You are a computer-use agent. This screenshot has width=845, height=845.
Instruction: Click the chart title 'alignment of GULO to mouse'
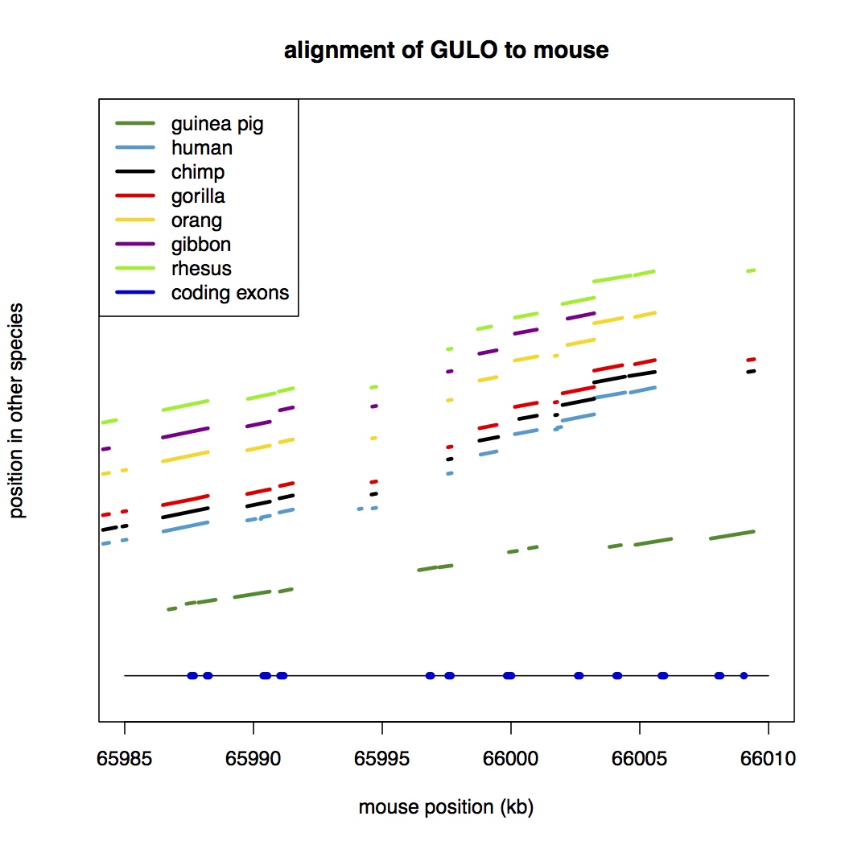(446, 51)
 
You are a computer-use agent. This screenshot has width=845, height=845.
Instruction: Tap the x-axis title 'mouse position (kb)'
(446, 807)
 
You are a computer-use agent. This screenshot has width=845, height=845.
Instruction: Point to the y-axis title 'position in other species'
(18, 410)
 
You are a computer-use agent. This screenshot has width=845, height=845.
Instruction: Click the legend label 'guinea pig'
(217, 124)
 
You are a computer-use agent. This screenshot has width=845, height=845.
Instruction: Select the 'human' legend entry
(202, 148)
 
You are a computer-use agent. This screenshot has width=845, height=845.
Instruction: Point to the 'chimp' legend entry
(198, 172)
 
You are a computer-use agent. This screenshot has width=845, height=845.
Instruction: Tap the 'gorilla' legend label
(198, 196)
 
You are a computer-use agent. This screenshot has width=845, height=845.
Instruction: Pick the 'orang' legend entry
(196, 221)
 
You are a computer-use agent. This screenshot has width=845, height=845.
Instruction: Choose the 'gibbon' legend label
(201, 245)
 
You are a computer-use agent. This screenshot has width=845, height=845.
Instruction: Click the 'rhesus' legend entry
(202, 269)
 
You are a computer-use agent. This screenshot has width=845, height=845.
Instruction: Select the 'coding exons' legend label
(230, 293)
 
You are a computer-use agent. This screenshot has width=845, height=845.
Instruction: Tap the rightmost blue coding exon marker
(744, 675)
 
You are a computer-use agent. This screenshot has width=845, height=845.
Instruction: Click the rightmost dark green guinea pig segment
(732, 535)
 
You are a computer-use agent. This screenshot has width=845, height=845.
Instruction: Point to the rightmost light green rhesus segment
(751, 270)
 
